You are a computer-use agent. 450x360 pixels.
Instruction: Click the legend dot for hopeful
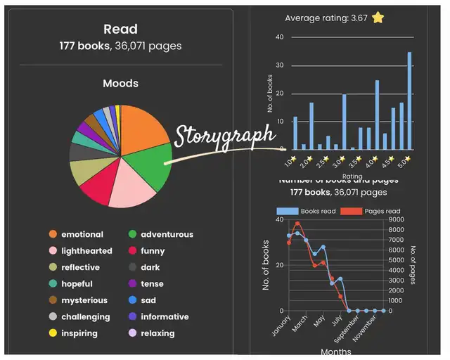click(52, 284)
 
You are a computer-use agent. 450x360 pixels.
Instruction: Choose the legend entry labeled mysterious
click(84, 300)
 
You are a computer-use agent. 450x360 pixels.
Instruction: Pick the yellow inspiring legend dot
click(52, 333)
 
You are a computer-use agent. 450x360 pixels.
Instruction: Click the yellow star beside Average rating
click(378, 18)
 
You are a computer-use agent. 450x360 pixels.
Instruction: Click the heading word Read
click(120, 30)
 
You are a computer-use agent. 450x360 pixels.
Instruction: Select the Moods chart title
click(120, 84)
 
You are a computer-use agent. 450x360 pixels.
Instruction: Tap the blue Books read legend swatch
click(288, 211)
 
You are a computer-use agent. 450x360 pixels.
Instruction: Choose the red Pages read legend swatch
click(349, 211)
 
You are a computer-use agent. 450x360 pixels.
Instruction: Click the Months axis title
click(336, 351)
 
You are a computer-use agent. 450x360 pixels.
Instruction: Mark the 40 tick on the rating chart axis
click(280, 37)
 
